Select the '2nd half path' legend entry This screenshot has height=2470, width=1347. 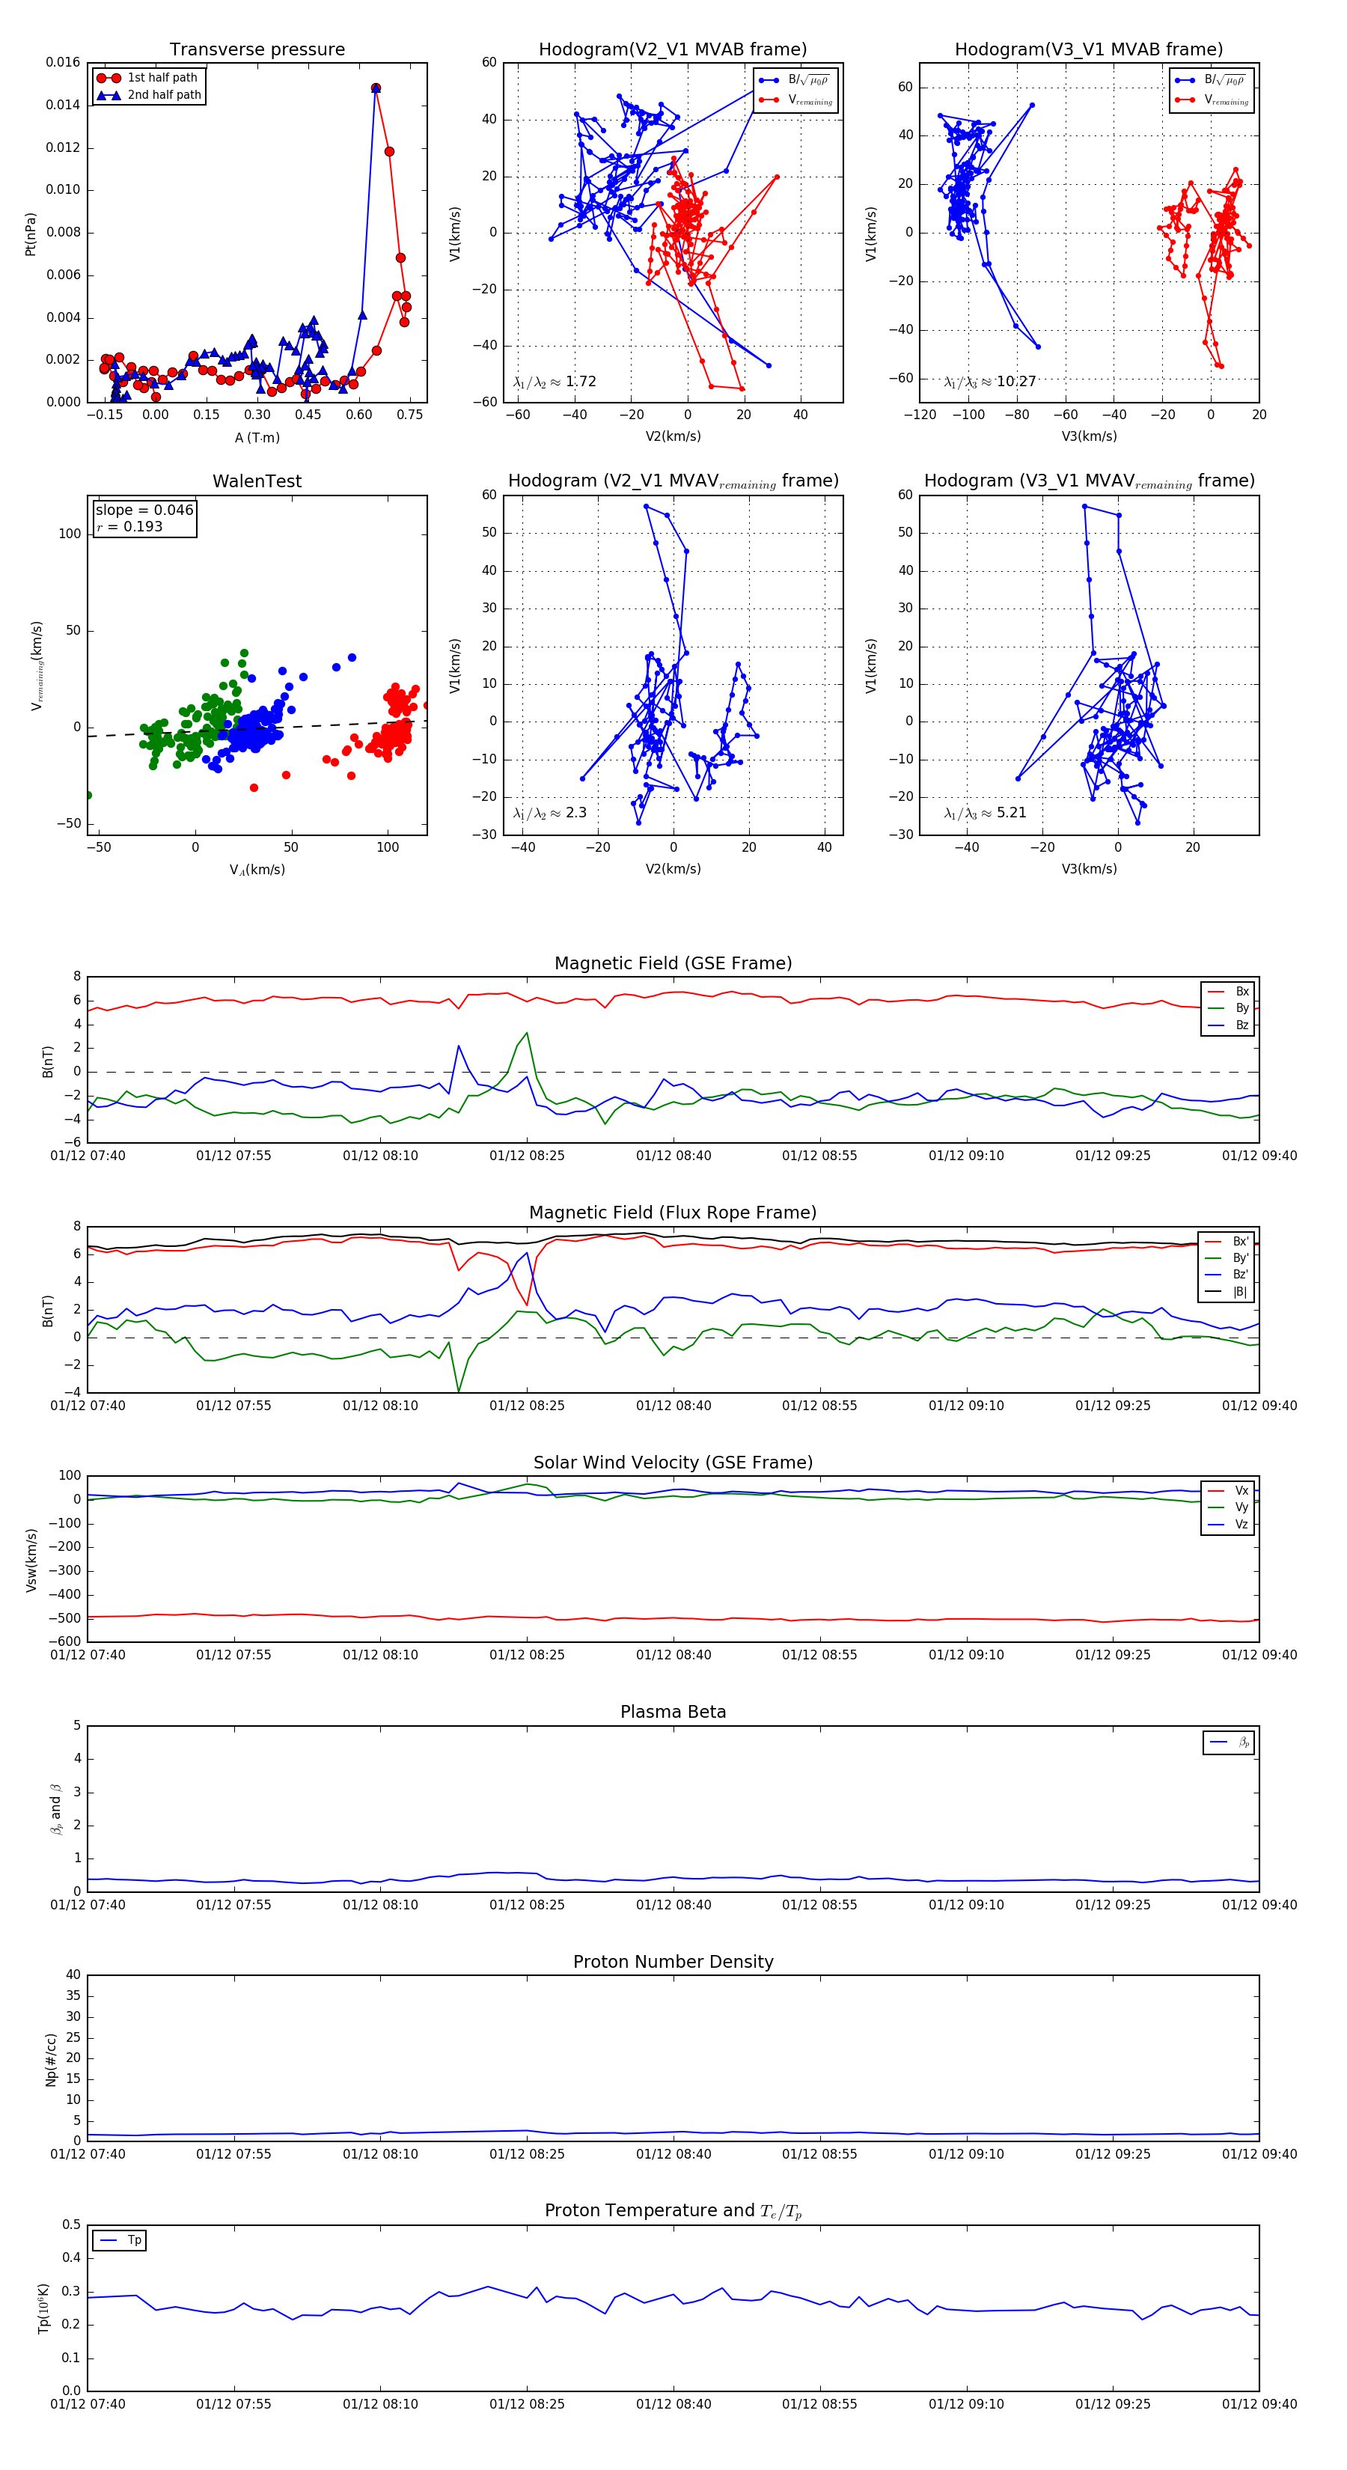164,95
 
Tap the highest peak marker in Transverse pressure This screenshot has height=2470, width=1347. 376,88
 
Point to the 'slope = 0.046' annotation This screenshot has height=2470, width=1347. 144,510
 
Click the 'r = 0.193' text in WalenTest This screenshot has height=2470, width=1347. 129,526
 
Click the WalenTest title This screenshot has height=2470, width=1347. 257,481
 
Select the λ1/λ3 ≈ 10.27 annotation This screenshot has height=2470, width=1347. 989,382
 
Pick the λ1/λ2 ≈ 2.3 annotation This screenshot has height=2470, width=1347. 549,813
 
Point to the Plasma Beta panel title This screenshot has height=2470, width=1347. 673,1712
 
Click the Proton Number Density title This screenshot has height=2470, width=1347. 673,1961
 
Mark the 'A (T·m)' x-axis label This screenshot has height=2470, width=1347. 257,437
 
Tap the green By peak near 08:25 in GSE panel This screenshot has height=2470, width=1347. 526,1033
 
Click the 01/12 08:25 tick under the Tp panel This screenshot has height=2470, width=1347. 526,2404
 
